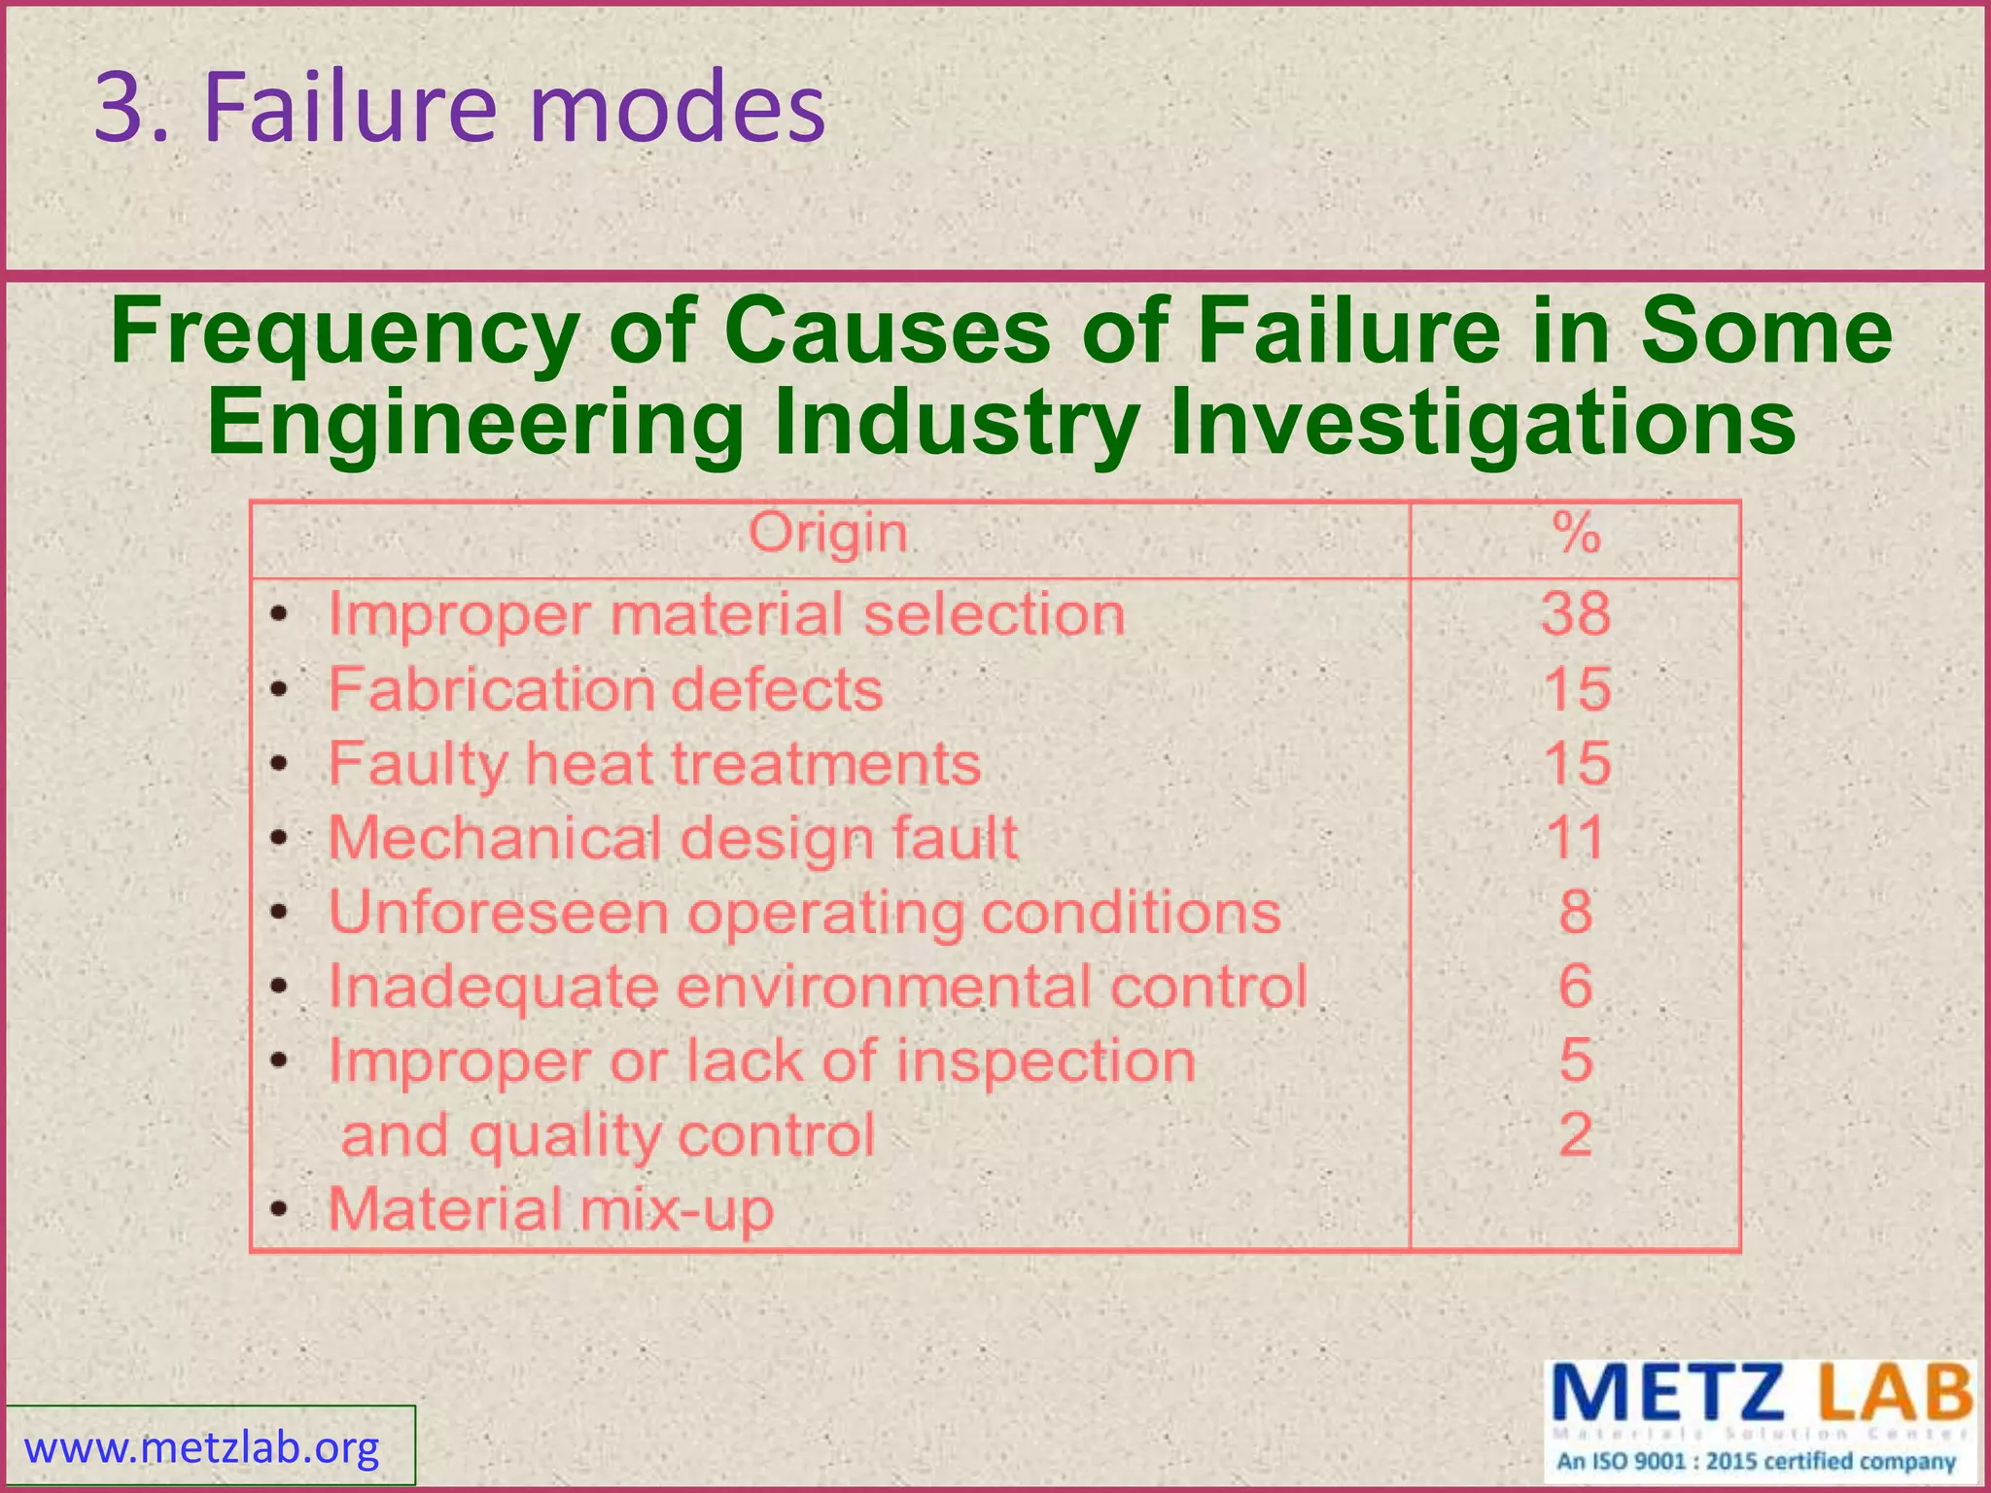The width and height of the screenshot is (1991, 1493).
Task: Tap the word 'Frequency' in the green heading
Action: click(345, 331)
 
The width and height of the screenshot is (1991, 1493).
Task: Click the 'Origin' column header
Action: click(828, 534)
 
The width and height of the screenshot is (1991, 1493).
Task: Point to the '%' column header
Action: click(1576, 534)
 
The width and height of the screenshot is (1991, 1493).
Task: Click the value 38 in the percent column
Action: click(1576, 614)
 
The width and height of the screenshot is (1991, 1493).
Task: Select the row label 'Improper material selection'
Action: click(726, 614)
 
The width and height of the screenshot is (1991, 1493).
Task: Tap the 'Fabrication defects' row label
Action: click(606, 689)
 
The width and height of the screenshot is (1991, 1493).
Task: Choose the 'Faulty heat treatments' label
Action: click(654, 764)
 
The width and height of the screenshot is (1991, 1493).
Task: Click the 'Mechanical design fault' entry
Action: click(673, 838)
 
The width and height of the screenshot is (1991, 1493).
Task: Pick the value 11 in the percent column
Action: click(1576, 838)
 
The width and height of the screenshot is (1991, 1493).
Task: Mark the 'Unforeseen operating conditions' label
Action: click(805, 913)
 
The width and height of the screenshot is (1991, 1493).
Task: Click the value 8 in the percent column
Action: click(1576, 913)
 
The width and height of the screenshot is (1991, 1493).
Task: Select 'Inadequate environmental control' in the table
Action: click(818, 987)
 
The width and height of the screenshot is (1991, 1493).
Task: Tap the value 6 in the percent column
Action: click(1576, 987)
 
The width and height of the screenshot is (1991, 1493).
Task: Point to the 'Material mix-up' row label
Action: click(551, 1209)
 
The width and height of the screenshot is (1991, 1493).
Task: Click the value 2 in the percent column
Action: click(1576, 1134)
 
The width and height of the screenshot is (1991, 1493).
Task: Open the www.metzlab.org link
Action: click(202, 1448)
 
